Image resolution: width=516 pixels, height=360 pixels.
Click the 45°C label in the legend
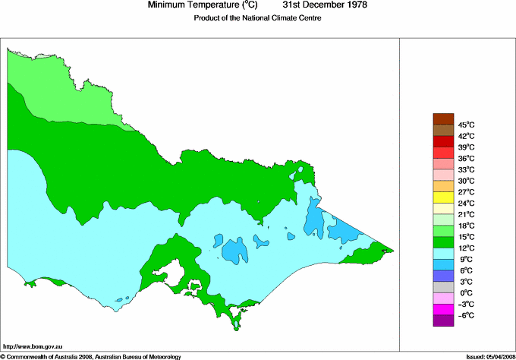click(x=467, y=125)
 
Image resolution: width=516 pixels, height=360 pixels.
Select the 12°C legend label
click(x=467, y=248)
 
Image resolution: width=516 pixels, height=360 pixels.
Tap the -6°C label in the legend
click(x=467, y=315)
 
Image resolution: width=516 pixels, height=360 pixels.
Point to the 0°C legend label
click(x=467, y=293)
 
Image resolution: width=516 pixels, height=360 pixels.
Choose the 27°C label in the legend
click(x=467, y=192)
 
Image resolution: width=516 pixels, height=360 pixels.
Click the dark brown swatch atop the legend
click(x=443, y=118)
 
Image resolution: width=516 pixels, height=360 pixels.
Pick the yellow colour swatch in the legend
click(x=443, y=197)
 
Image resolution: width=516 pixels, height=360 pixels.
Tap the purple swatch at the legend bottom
click(x=443, y=321)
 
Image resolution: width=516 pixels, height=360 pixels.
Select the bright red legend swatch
click(x=443, y=141)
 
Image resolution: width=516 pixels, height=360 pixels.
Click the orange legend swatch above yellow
click(x=443, y=186)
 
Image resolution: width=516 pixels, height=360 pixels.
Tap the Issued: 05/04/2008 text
click(x=489, y=355)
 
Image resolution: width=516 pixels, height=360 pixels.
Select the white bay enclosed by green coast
click(x=179, y=272)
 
